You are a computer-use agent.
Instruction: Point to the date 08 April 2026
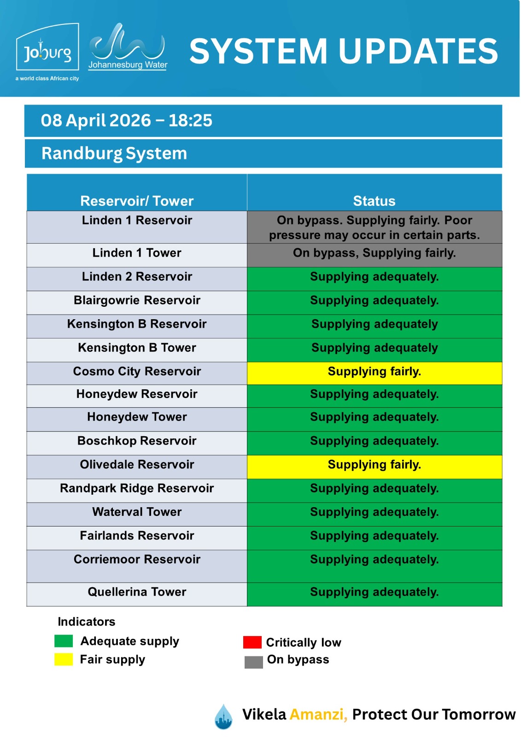point(96,120)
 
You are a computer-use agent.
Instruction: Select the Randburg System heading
point(114,153)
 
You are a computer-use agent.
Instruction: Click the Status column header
point(374,201)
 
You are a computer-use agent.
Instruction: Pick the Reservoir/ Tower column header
point(137,201)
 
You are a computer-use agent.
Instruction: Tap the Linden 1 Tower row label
point(137,253)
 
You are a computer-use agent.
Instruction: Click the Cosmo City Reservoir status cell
point(374,372)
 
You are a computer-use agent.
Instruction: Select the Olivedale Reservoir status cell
point(374,465)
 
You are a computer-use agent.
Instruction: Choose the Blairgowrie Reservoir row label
point(137,300)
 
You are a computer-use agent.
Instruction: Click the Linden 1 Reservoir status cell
point(374,228)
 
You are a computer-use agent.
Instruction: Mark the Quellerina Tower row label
point(137,592)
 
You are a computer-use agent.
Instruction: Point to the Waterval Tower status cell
point(374,512)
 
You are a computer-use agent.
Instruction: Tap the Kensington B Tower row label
point(137,348)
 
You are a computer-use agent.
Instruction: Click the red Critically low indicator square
point(252,642)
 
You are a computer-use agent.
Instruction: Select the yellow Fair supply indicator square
point(64,660)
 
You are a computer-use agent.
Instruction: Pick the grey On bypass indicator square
point(253,662)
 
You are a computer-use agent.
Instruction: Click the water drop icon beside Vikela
point(223,716)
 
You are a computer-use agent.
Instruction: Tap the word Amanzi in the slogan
point(318,714)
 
